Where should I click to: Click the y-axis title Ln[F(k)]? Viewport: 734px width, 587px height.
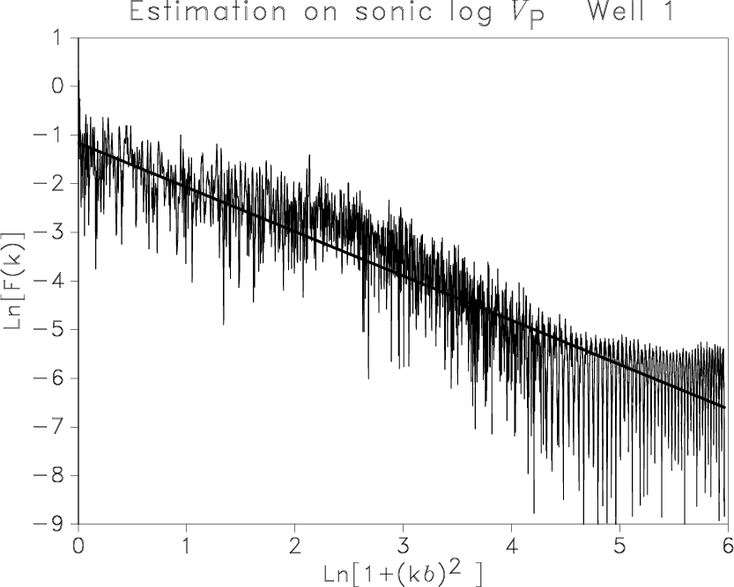(13, 281)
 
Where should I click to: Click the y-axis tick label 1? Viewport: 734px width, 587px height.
(57, 38)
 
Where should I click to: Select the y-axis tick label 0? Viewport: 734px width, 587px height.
(57, 86)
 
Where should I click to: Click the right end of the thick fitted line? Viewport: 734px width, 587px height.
(725, 407)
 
